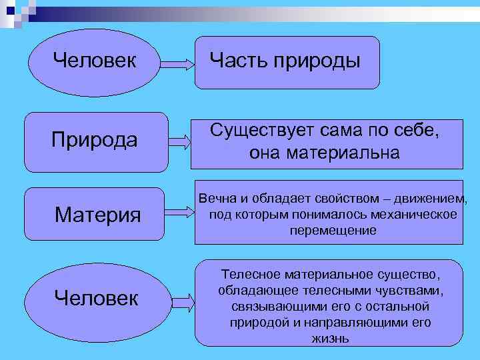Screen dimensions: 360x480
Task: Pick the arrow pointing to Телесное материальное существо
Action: (x=179, y=300)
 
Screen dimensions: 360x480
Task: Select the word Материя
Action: (x=98, y=215)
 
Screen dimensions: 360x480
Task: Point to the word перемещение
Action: (x=333, y=231)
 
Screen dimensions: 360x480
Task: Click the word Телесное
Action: (x=251, y=275)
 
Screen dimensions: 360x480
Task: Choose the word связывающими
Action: (x=267, y=307)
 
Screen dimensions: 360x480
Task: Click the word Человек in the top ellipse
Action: (x=94, y=61)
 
